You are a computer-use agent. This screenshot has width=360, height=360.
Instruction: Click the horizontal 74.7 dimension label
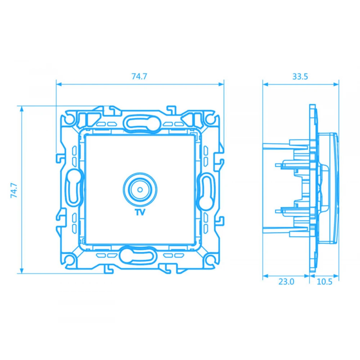coord(139,76)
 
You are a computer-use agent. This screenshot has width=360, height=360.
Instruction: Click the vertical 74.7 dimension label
coord(14,190)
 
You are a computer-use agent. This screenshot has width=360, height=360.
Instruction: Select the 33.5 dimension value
coord(300,76)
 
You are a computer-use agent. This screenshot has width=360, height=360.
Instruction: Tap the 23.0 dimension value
coord(286,282)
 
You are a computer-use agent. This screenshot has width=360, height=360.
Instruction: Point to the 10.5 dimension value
coord(324,282)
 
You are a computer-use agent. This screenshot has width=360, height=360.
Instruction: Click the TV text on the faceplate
coord(140,212)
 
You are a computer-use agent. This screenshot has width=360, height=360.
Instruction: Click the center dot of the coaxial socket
coord(140,190)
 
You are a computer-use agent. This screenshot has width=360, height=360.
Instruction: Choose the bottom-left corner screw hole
coord(69,260)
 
